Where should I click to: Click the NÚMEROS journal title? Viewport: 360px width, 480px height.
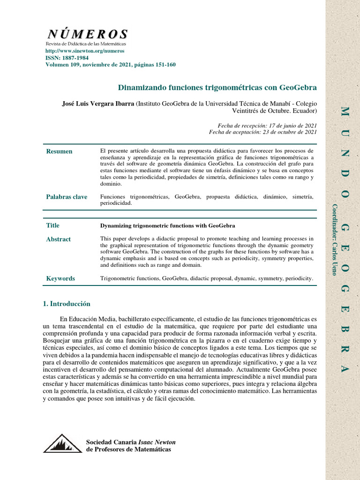87,34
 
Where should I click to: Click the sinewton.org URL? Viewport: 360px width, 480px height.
78,51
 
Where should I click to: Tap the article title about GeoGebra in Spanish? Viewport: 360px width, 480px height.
217,88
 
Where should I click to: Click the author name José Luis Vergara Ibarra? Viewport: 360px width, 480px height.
98,103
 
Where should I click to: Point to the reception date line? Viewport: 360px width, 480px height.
267,126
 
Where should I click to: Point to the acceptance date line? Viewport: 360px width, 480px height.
263,132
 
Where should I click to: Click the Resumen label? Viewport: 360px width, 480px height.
59,151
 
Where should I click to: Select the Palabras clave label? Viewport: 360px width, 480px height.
67,197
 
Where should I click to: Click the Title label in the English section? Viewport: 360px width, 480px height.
52,225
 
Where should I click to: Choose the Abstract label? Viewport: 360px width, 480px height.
58,240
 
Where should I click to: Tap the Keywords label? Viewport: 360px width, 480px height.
60,278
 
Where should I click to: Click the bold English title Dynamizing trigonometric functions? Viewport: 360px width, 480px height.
167,226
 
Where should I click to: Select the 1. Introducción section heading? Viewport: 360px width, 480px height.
66,304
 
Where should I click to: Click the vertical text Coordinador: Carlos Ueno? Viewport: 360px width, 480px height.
334,240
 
